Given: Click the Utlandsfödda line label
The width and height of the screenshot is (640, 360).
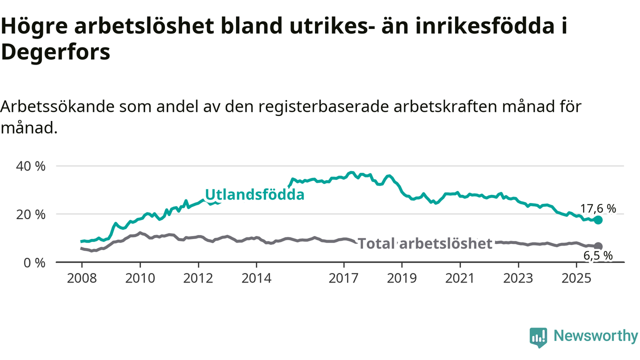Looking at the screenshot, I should click(254, 194).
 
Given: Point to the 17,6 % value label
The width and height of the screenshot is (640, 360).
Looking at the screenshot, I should click(598, 208).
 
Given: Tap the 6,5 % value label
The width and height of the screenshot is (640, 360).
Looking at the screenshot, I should click(598, 255).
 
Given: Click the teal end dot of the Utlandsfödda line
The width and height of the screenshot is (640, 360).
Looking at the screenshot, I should click(598, 220).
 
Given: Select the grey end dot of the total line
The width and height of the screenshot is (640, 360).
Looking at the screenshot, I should click(598, 246).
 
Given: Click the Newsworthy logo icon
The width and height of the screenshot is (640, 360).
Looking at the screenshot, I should click(538, 337).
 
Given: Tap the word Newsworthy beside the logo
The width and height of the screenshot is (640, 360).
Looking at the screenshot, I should click(595, 336).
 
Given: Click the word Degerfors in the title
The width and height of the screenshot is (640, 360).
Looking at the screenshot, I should click(55, 52).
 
